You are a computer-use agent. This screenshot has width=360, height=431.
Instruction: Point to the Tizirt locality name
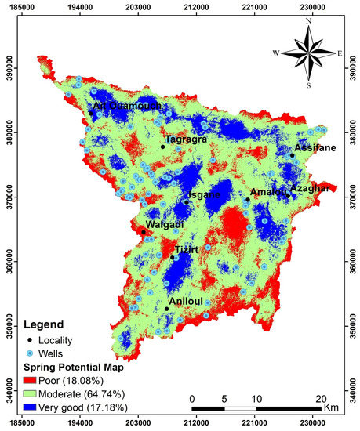tap(186, 249)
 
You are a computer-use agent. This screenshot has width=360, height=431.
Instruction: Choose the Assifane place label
tap(315, 147)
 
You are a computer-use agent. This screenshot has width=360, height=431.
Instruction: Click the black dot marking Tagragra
tap(162, 147)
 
